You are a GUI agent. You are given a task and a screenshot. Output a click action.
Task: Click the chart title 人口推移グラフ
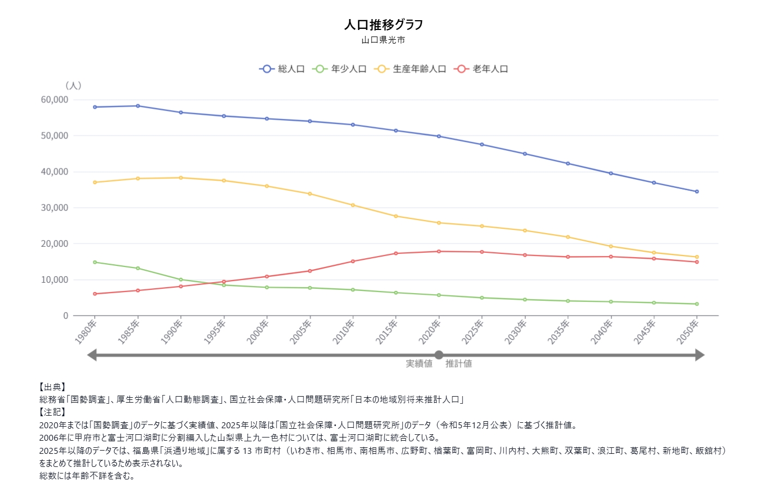383,25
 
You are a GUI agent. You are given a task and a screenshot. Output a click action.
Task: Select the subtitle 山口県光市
383,40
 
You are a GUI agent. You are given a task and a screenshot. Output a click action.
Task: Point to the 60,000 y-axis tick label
55,100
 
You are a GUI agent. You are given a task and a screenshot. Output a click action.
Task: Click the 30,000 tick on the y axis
55,208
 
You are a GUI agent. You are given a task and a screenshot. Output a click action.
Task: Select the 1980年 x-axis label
86,332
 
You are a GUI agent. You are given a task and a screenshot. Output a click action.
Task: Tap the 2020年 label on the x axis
430,332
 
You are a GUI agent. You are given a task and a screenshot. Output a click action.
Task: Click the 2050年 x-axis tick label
687,332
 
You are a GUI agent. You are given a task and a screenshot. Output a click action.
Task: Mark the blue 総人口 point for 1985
138,106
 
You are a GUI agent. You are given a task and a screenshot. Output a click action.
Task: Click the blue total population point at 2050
697,192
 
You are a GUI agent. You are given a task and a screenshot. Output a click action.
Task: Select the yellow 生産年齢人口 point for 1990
181,178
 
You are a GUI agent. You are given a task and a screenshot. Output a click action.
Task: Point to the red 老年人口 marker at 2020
439,251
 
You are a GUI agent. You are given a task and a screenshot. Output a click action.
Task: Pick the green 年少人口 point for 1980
95,262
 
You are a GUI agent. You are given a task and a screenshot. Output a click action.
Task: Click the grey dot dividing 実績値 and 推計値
439,355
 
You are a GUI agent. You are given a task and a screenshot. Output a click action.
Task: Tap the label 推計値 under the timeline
458,363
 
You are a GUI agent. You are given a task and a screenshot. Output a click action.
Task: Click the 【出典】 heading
52,387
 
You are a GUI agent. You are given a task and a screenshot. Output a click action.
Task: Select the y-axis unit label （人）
73,86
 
